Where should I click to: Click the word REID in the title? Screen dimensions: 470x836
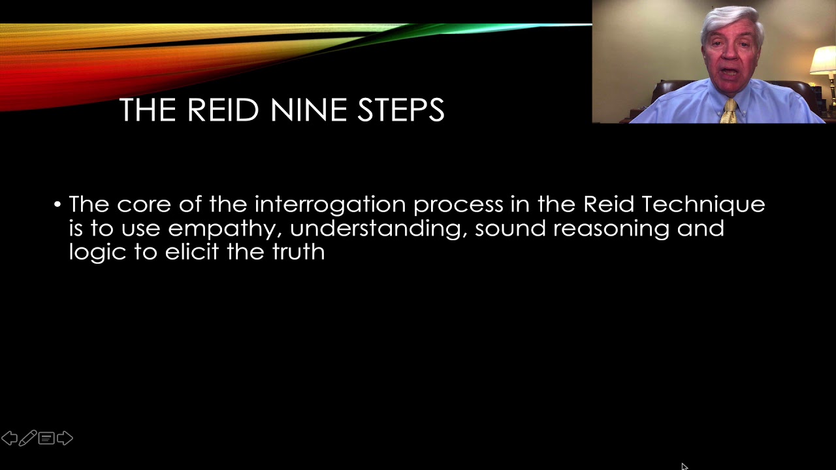click(x=223, y=110)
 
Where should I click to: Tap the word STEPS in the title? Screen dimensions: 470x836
click(x=400, y=110)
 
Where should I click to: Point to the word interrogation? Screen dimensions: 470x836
click(x=330, y=205)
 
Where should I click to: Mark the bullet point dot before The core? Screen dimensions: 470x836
click(x=57, y=205)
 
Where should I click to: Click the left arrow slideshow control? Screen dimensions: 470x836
click(x=9, y=438)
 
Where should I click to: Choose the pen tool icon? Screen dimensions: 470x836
click(x=27, y=438)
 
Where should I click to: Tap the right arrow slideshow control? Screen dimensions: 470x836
click(x=65, y=438)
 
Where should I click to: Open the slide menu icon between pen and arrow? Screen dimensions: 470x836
click(x=46, y=438)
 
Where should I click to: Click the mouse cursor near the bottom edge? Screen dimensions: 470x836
click(x=684, y=466)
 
